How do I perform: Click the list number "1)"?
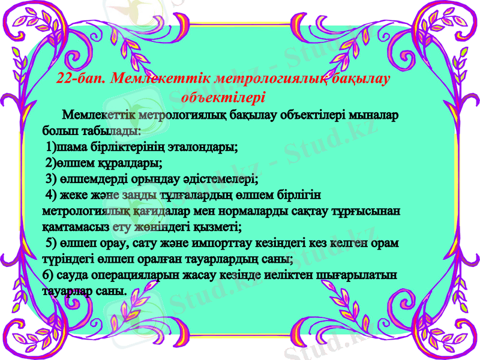click(52, 146)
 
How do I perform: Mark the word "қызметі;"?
click(218, 227)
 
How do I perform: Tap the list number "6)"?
click(49, 276)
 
